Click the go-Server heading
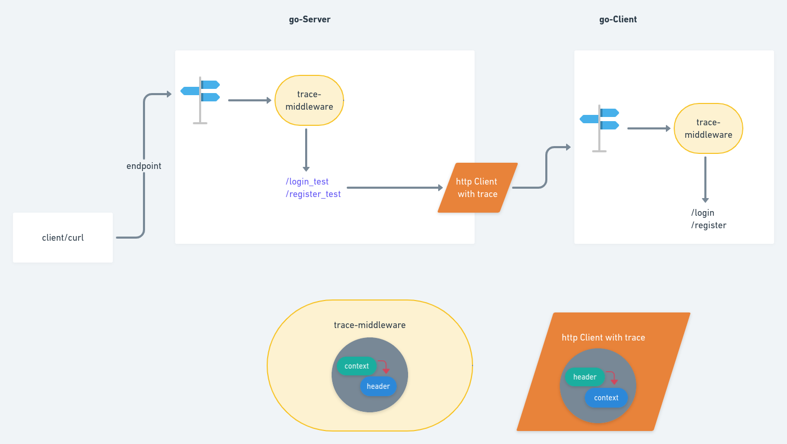click(x=309, y=19)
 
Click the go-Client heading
click(x=618, y=19)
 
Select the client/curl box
click(x=63, y=238)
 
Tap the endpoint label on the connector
click(x=143, y=166)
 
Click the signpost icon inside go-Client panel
click(x=599, y=128)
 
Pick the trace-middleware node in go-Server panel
click(x=309, y=100)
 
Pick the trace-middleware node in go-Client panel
click(x=708, y=128)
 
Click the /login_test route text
click(x=307, y=181)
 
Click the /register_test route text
click(x=313, y=194)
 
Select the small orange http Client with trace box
click(x=477, y=188)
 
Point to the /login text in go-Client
click(x=702, y=213)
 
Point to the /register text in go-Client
click(x=709, y=225)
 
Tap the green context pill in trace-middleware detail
click(x=356, y=366)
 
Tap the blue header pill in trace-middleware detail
click(x=378, y=386)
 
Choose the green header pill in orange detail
click(x=584, y=377)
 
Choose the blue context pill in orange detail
click(x=606, y=398)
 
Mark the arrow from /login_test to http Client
click(x=394, y=188)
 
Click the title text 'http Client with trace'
click(x=603, y=337)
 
